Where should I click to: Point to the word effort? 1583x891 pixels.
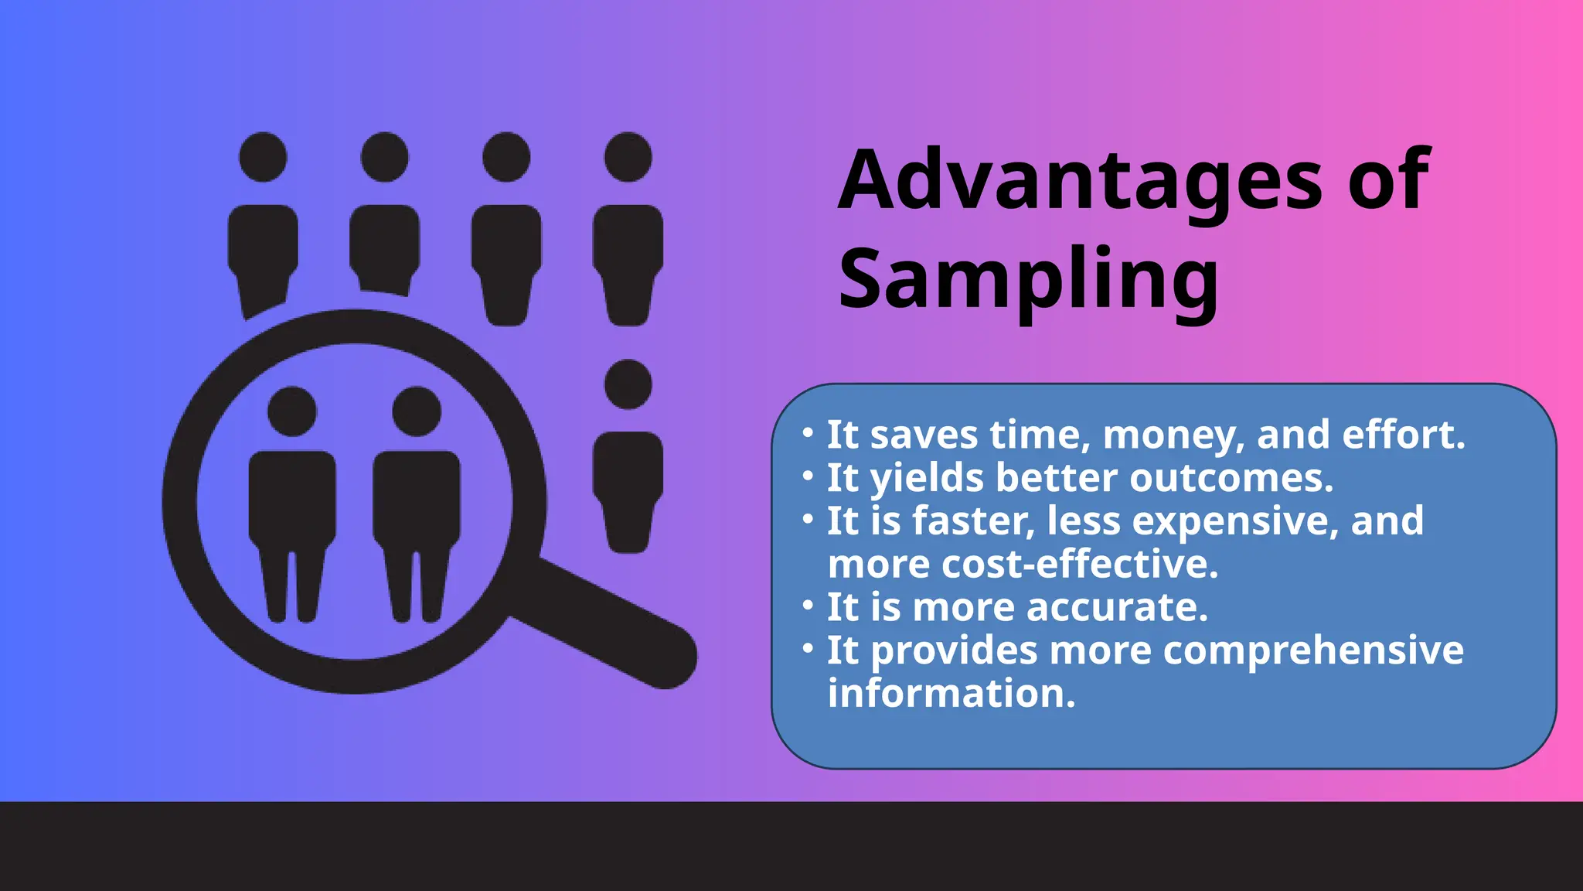(x=1403, y=435)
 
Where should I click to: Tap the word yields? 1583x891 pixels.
(x=927, y=479)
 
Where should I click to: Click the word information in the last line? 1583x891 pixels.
(x=951, y=694)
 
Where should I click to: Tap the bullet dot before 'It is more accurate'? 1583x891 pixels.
(x=808, y=605)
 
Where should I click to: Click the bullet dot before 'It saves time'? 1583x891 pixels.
(x=808, y=432)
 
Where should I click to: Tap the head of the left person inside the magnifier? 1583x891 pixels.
(x=292, y=411)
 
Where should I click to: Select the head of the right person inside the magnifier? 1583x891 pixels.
(x=417, y=411)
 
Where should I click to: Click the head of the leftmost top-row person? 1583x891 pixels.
(x=263, y=157)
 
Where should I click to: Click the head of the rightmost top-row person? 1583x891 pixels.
(x=628, y=157)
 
